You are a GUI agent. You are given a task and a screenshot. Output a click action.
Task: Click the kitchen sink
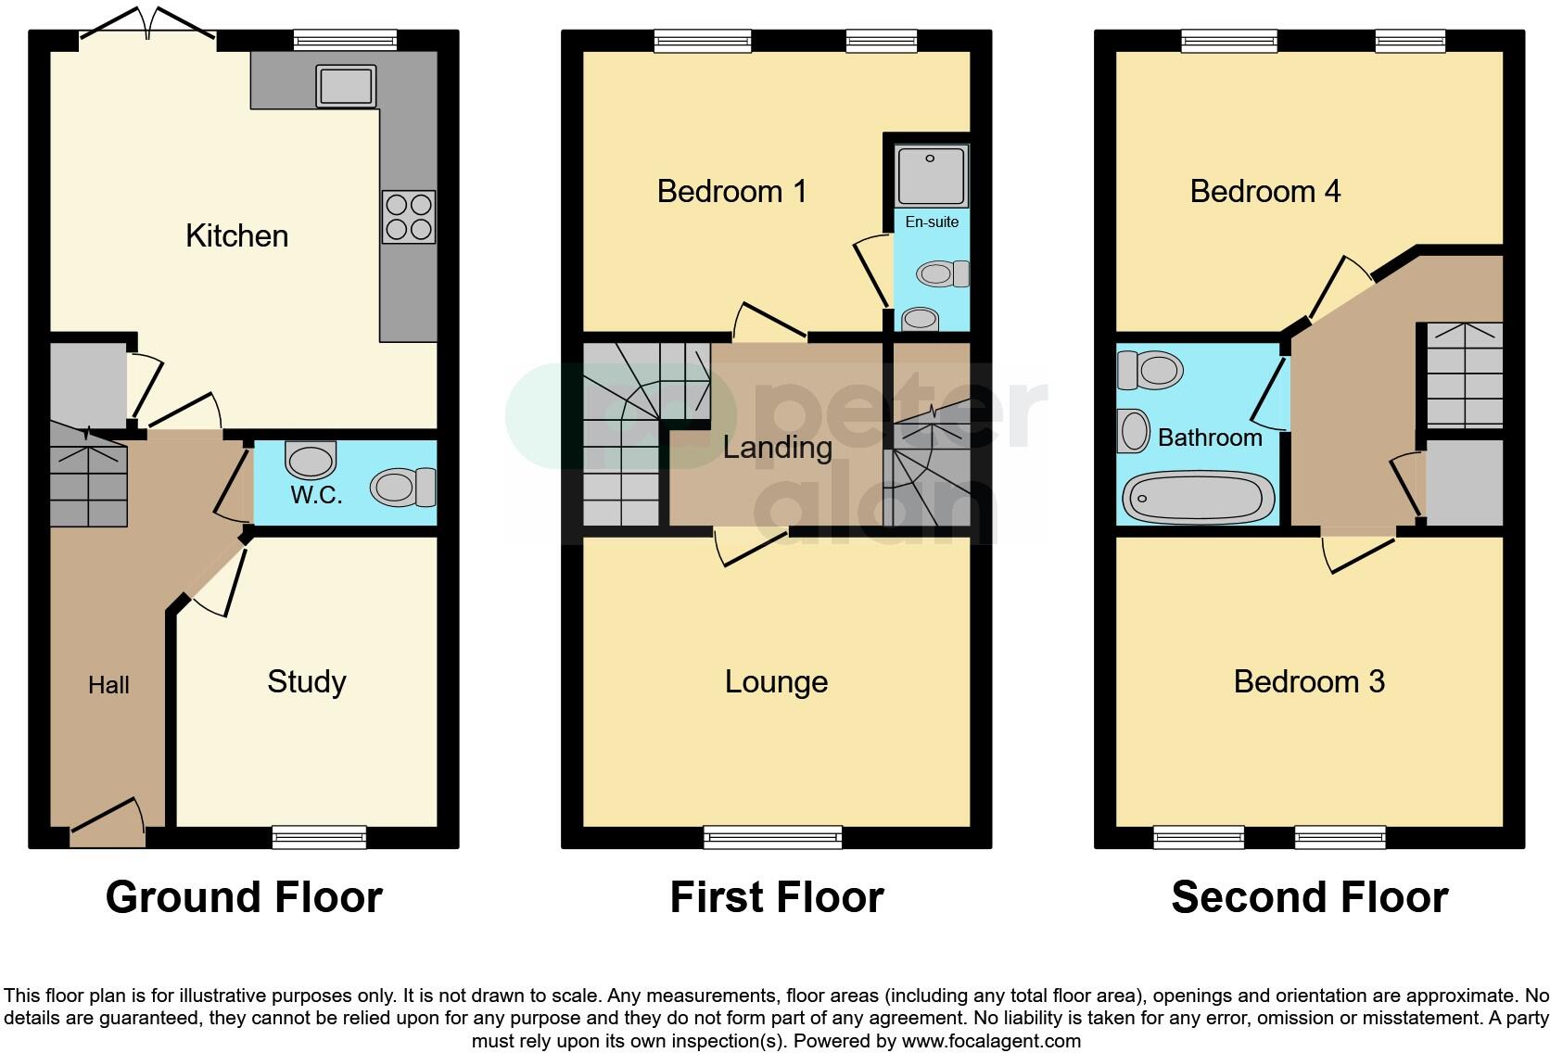click(x=345, y=86)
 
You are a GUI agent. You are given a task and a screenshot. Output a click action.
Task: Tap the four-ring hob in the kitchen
click(x=408, y=216)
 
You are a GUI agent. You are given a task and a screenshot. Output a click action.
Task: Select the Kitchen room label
click(x=236, y=235)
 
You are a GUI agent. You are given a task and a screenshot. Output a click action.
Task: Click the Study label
click(x=306, y=681)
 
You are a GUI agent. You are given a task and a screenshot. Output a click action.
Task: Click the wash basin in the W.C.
click(x=310, y=459)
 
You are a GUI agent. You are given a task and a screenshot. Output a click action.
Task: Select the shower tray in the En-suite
click(x=932, y=174)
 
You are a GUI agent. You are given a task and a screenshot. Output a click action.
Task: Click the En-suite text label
click(x=932, y=222)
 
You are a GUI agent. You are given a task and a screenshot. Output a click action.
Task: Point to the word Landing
click(x=777, y=448)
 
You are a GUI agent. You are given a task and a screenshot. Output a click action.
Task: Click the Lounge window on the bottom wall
click(x=773, y=837)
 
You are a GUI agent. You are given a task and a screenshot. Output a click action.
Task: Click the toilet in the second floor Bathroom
click(x=1150, y=370)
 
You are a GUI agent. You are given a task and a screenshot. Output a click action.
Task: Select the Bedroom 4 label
click(x=1264, y=191)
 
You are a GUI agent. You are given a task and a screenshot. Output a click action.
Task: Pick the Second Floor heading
click(x=1309, y=897)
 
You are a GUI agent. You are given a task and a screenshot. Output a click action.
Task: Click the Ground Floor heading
click(x=244, y=897)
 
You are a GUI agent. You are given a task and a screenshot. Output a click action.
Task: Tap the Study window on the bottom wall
click(x=319, y=837)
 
